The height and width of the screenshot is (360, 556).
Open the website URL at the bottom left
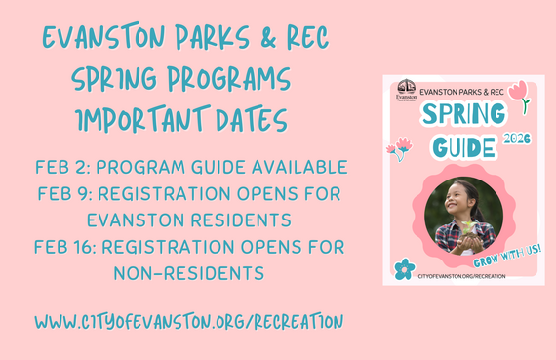(x=188, y=320)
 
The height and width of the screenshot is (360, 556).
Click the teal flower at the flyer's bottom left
(x=404, y=268)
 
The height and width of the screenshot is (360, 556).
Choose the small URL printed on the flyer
(x=462, y=277)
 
